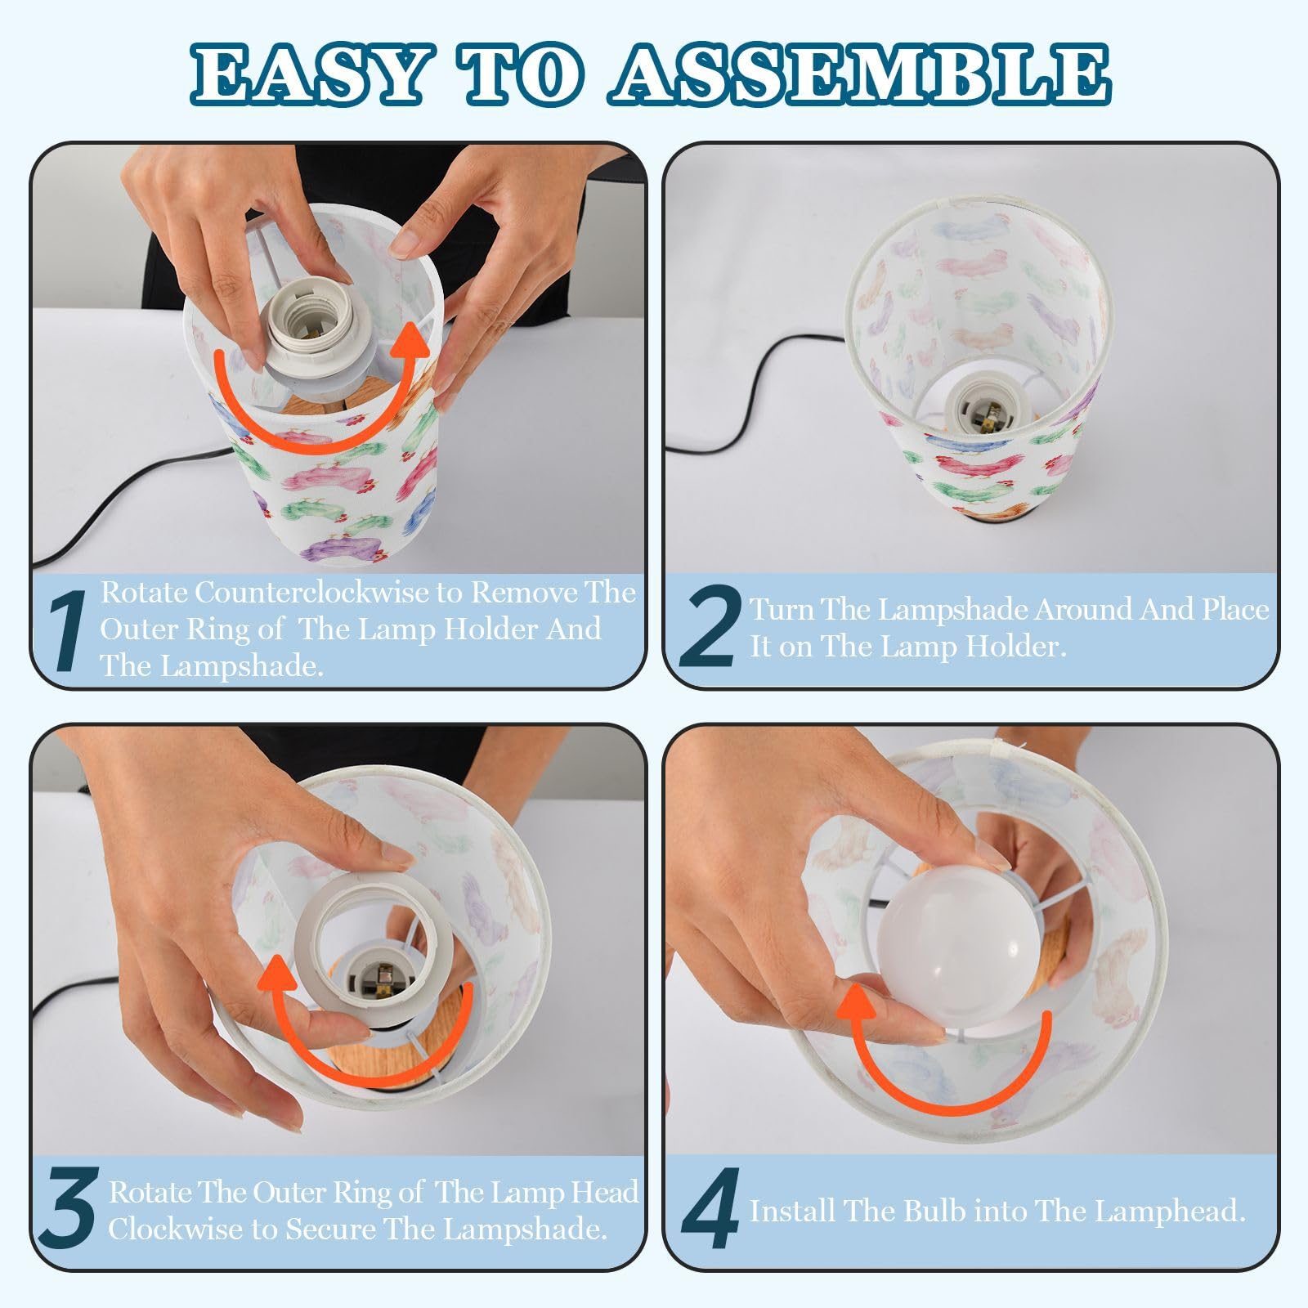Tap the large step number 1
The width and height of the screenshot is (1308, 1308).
[69, 630]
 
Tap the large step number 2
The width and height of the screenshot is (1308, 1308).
[710, 626]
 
